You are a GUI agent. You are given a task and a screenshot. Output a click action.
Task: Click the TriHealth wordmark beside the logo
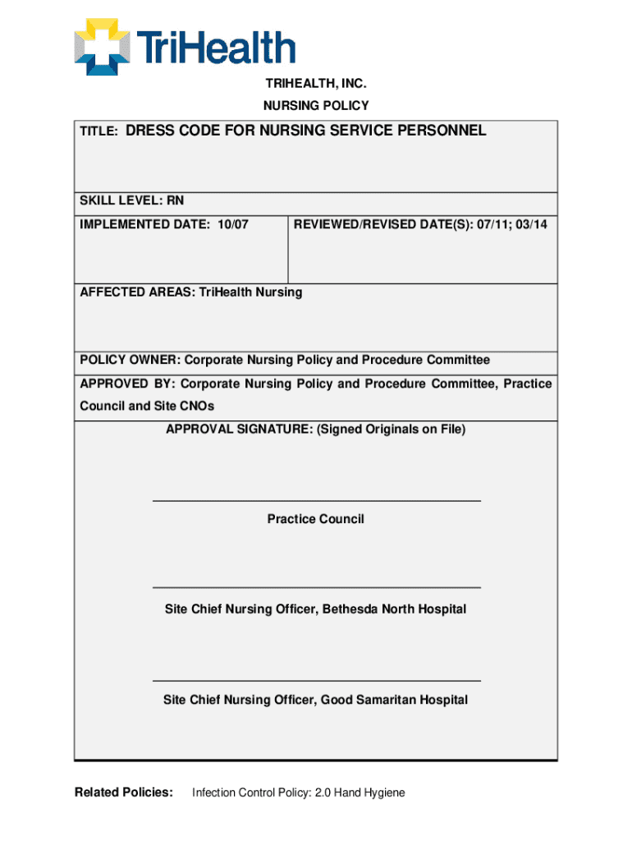click(218, 48)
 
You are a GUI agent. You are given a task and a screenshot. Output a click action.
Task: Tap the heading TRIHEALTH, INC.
click(315, 84)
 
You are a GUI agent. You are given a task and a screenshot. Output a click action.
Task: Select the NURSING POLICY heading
click(315, 105)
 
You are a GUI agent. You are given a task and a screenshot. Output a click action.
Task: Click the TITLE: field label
click(98, 132)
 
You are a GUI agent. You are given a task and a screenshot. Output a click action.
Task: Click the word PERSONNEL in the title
click(444, 131)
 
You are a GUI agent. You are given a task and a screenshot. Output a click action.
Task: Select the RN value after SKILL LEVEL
click(176, 201)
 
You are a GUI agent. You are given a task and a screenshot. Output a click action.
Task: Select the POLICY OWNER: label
click(129, 361)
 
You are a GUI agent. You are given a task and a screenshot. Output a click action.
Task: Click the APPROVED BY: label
click(126, 384)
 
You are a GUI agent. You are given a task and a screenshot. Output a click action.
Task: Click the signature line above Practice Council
click(316, 500)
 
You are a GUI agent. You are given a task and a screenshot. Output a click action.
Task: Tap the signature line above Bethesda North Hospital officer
click(316, 587)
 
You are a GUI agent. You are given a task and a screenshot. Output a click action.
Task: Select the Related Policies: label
click(123, 793)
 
